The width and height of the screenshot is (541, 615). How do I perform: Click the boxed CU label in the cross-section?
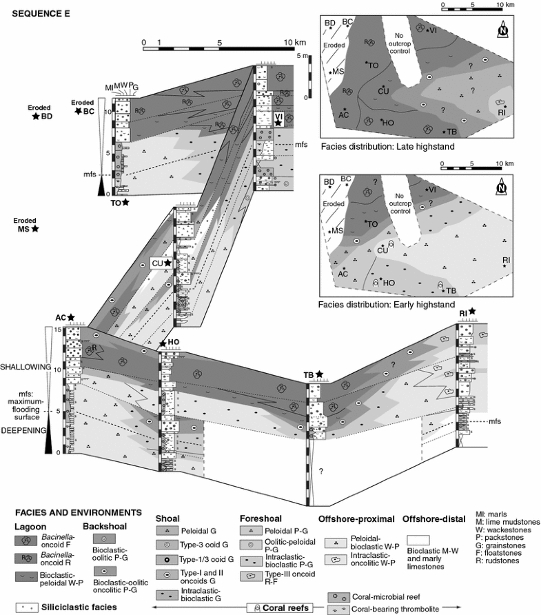162,263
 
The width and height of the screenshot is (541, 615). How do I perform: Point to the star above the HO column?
163,344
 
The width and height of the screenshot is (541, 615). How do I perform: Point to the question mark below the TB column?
319,470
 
